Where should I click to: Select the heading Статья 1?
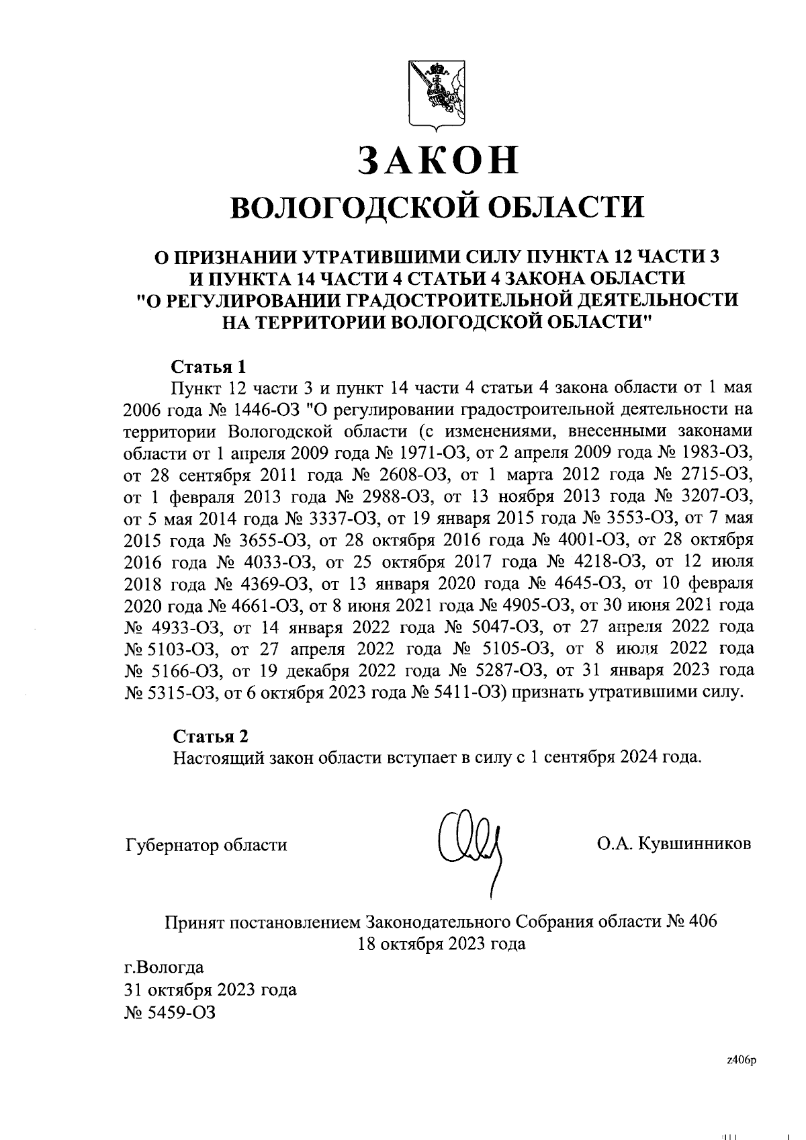click(210, 367)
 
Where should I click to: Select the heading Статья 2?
click(210, 736)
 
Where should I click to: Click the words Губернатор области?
click(206, 845)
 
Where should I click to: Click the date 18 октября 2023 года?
click(442, 944)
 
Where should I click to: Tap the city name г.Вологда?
click(164, 968)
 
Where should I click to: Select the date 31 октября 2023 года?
click(210, 990)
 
